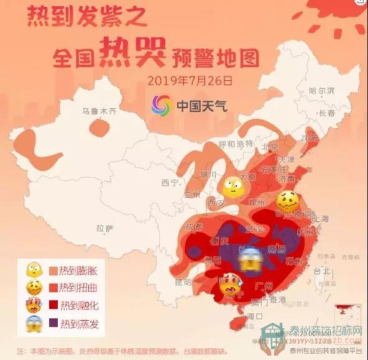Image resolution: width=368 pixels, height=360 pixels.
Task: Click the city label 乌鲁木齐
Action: [x=99, y=112]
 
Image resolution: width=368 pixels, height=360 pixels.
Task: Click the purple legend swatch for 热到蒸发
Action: [x=52, y=323]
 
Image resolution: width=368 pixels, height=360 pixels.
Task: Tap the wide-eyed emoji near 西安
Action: [x=232, y=185]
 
